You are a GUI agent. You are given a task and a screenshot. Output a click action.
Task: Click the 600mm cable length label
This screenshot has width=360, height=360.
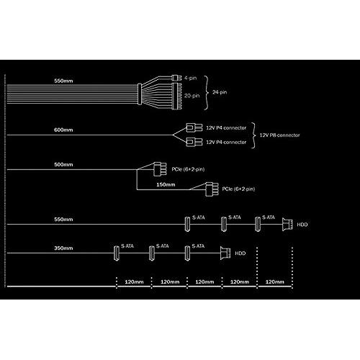tap(63, 130)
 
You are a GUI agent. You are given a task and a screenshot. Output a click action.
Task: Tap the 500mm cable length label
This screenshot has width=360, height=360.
tap(63, 164)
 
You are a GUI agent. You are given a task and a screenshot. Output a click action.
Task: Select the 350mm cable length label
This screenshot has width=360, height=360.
tap(63, 248)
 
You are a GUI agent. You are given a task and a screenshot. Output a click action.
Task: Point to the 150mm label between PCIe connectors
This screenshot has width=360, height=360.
tap(166, 184)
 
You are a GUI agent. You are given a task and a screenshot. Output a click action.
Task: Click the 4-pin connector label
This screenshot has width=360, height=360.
tap(190, 78)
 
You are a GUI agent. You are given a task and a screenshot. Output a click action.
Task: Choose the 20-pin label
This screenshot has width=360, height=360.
tap(192, 96)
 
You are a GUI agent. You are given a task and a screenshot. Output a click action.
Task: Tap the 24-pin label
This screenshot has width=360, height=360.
tap(220, 92)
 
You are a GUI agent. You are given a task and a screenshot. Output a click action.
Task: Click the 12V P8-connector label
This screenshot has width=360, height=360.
tap(279, 135)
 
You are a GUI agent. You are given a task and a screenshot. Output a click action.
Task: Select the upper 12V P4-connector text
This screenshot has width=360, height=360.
tap(226, 128)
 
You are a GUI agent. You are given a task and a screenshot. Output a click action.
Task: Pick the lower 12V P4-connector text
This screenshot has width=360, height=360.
tap(226, 142)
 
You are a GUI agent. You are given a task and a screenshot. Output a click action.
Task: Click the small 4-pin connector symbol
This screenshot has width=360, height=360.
tap(176, 78)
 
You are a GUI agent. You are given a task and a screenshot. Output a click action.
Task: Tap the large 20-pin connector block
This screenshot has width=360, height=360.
tap(176, 96)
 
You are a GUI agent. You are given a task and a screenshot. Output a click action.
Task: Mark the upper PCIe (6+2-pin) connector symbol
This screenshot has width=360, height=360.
tap(160, 169)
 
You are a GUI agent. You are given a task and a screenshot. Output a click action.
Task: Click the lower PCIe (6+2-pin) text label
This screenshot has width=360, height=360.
tap(238, 189)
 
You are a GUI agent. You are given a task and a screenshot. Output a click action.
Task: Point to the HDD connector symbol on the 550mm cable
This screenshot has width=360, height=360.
tap(287, 225)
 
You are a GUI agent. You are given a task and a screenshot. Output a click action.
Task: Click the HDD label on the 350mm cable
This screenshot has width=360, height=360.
tap(240, 253)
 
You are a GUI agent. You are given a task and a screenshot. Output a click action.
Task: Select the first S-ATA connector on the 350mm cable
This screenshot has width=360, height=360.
tap(117, 253)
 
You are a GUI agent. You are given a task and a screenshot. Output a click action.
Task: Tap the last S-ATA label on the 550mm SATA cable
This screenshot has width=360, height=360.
tap(269, 217)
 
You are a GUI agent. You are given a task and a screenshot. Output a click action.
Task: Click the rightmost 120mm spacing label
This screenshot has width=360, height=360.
tap(274, 282)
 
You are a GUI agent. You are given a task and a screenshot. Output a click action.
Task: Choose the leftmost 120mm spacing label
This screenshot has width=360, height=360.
tap(134, 282)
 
